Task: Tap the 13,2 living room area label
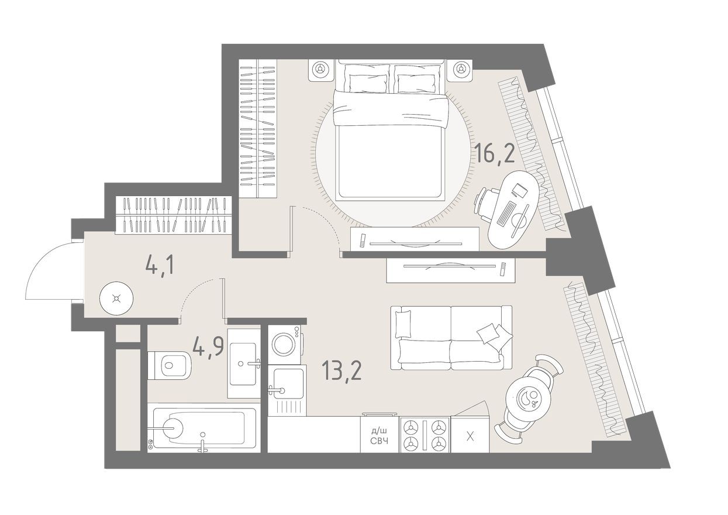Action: (341, 370)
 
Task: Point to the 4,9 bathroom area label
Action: (209, 348)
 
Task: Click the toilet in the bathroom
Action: (170, 365)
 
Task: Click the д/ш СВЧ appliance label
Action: (379, 436)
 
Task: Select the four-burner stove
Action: (425, 435)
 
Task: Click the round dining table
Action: (529, 399)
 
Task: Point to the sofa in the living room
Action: (451, 338)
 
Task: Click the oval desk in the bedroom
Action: (510, 210)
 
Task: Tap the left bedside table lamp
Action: (320, 69)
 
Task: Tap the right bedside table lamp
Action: (461, 70)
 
